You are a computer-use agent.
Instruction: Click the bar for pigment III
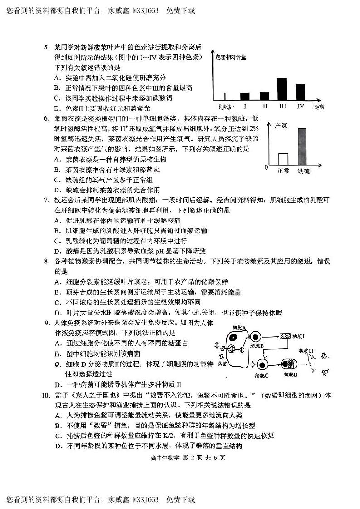coord(282,89)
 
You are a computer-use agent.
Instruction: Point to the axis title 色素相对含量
coord(230,57)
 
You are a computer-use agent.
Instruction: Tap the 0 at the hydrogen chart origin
coord(266,168)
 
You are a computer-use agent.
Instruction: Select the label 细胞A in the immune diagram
coord(239,327)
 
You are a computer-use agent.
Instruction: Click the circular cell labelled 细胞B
coord(255,338)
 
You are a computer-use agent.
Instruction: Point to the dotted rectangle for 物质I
coord(286,336)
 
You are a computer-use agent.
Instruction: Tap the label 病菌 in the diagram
coord(222,363)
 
